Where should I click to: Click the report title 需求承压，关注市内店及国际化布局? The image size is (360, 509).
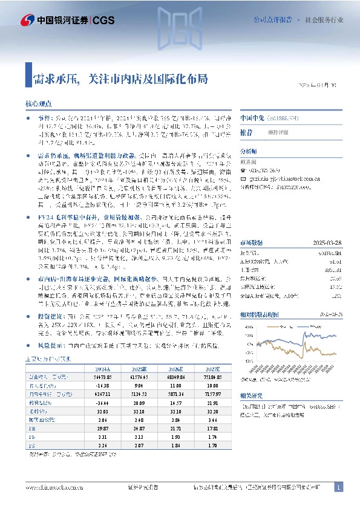[x=120, y=78]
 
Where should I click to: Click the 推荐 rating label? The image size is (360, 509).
[x=246, y=131]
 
